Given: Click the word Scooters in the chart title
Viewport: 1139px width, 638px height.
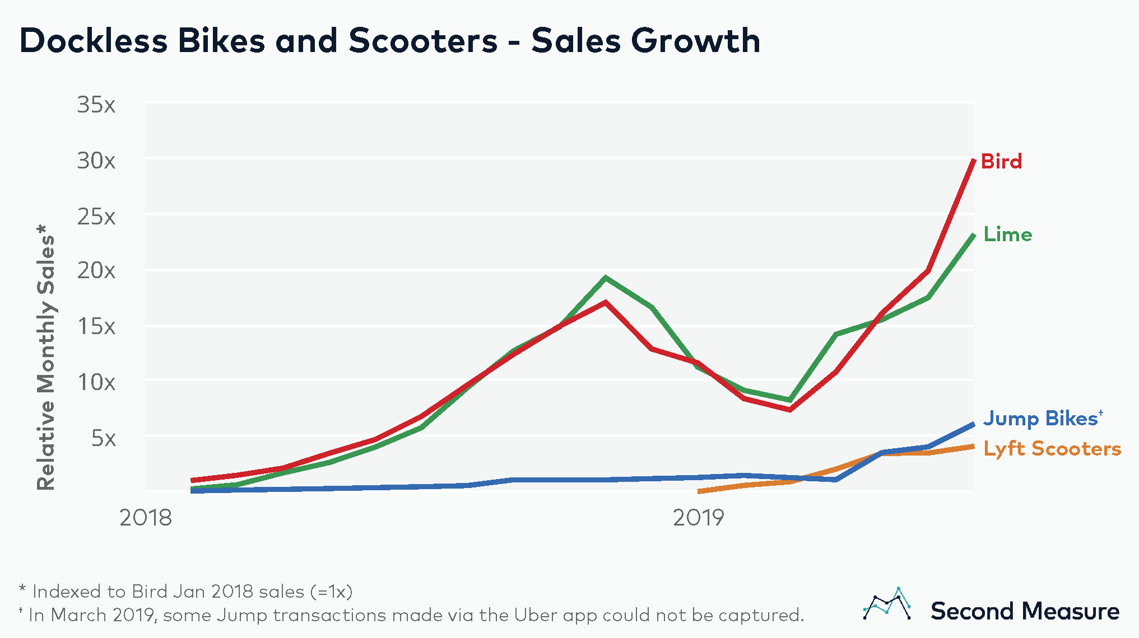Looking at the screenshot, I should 423,41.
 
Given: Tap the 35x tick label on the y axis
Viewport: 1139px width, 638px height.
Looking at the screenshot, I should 96,105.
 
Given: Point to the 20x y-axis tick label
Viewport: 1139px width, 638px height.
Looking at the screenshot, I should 96,271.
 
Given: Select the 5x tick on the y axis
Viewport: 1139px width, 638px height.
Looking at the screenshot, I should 104,438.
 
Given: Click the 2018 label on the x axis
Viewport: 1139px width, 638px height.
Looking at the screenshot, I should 146,518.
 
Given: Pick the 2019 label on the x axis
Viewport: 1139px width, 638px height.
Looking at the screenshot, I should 698,518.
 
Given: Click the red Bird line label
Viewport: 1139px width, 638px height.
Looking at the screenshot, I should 1001,161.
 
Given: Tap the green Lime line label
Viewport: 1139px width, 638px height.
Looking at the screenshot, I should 1007,234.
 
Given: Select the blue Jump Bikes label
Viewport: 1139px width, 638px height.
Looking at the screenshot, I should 1040,419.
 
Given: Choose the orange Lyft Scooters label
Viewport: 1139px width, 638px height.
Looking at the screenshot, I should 1052,449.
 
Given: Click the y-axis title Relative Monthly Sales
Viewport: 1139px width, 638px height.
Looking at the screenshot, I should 46,358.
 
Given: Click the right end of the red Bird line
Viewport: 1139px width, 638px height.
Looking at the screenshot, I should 973,161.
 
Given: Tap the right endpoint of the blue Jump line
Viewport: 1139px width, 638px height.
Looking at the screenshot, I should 973,425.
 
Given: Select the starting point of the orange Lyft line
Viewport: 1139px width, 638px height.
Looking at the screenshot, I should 699,492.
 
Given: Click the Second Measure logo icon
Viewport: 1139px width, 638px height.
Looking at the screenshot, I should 886,604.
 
